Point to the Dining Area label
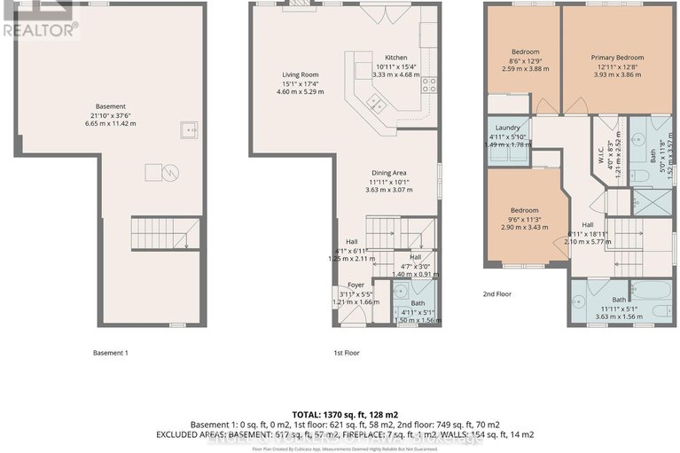point(388,173)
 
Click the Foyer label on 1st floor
point(356,285)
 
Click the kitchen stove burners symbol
point(429,85)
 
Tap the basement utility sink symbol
point(189,130)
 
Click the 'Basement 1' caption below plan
point(111,353)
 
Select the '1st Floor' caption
point(345,353)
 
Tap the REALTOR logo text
point(39,27)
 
